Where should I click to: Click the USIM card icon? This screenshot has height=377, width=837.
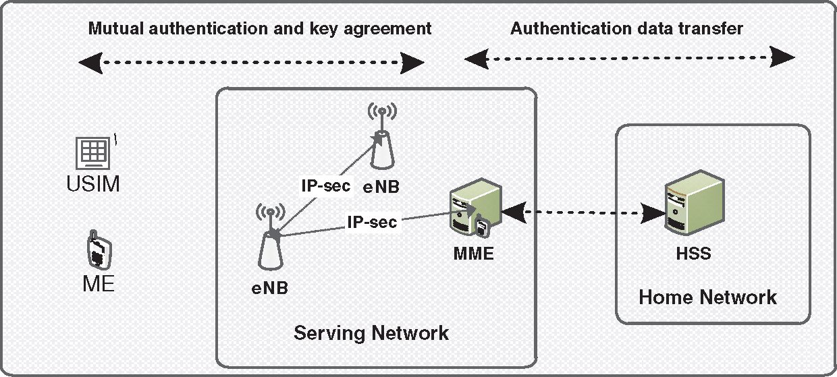click(93, 153)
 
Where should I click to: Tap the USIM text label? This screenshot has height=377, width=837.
click(93, 183)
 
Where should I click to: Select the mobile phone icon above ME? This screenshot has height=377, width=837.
click(99, 250)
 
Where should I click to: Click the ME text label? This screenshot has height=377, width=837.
click(99, 284)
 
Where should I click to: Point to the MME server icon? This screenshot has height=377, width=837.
click(475, 208)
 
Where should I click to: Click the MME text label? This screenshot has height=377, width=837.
click(473, 254)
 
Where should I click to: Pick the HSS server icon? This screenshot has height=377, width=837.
click(695, 202)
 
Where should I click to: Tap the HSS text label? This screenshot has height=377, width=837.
click(693, 254)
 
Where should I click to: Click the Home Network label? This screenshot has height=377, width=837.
click(707, 297)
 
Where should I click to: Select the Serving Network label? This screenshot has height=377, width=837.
click(371, 333)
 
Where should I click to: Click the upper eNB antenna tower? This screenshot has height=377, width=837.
click(382, 136)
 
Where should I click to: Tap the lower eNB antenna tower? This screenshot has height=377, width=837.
click(270, 237)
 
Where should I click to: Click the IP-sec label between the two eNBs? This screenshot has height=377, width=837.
click(326, 185)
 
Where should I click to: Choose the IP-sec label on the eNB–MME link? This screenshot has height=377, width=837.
click(372, 222)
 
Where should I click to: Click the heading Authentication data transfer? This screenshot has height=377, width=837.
click(626, 29)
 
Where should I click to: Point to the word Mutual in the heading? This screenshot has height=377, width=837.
click(116, 29)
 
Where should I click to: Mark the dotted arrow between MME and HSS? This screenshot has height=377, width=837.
click(583, 212)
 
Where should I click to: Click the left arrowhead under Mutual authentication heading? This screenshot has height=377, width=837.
click(90, 63)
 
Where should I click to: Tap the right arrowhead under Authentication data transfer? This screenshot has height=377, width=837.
click(782, 57)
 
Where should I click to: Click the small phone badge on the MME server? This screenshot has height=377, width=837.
click(483, 226)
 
